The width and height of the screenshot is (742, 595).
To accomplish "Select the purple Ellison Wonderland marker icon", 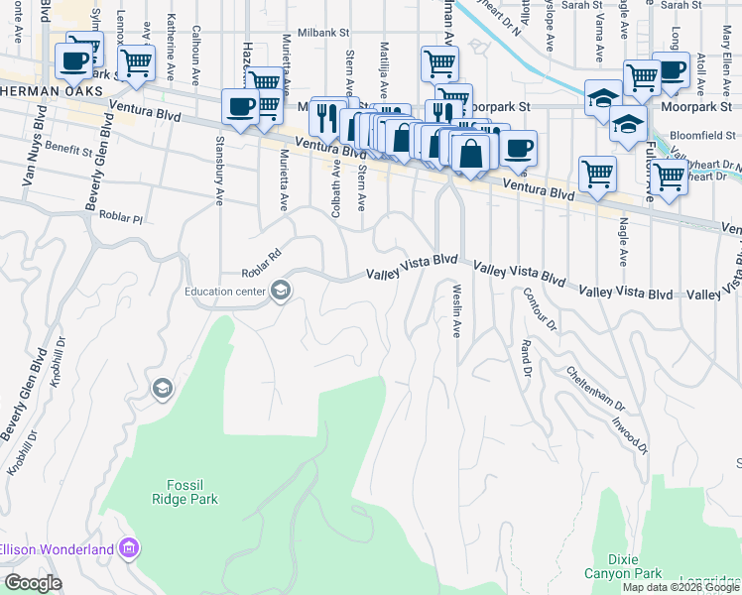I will (x=127, y=547).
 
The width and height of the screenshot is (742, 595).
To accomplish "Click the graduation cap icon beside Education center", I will (x=281, y=291).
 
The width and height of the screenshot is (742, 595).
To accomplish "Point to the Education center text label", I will (x=225, y=292).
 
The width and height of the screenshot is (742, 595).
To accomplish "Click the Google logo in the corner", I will (x=32, y=582).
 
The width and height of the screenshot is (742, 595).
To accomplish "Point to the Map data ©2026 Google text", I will (x=680, y=587).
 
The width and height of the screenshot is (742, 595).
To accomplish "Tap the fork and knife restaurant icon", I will (x=325, y=117).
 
